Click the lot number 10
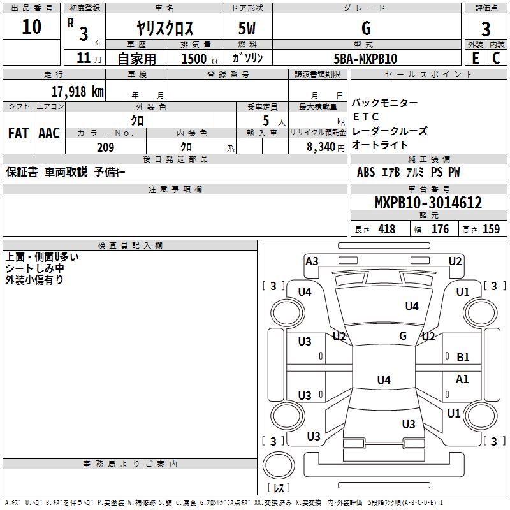31,27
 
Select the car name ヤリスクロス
165,29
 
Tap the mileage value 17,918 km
77,92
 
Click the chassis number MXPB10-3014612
428,203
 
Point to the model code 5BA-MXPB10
365,59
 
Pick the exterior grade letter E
475,59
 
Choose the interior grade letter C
497,59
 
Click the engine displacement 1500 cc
198,59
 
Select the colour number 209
105,147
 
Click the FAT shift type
18,133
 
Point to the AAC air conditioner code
49,133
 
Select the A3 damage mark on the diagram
312,261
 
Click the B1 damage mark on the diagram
463,358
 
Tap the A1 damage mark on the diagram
462,379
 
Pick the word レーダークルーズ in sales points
390,131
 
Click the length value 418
386,229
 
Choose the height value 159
491,229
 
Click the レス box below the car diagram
279,488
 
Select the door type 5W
249,29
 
